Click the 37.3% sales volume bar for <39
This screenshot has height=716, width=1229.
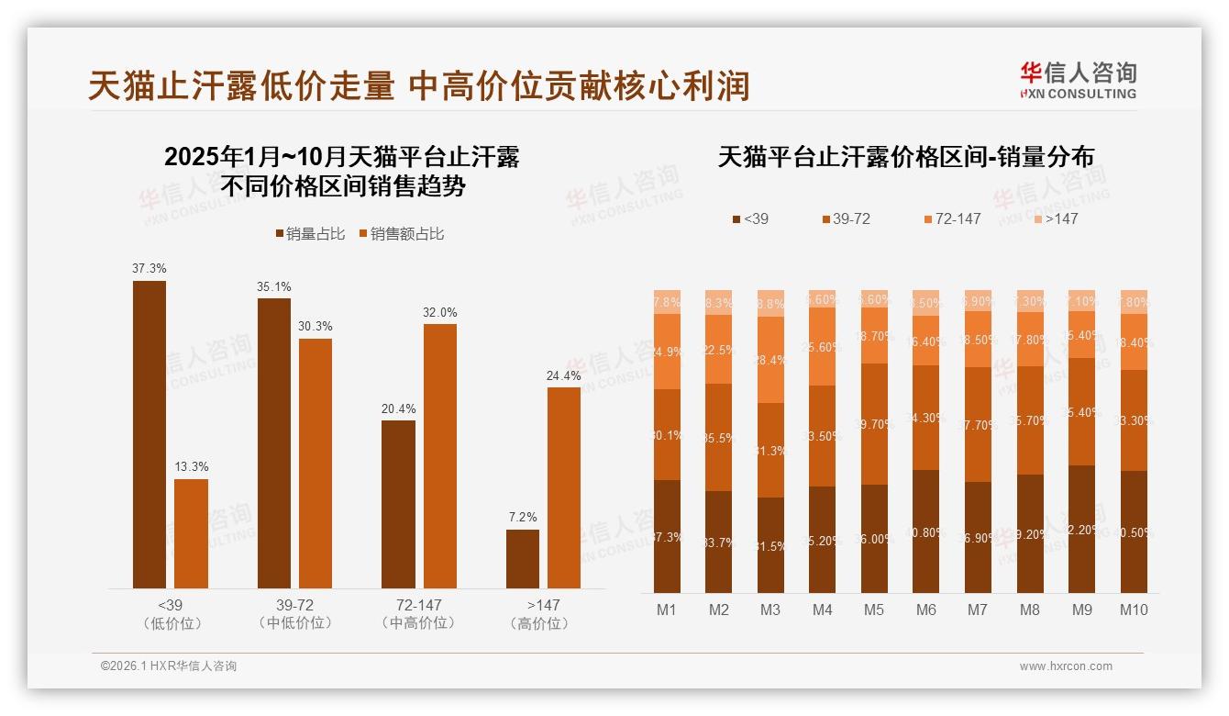[149, 433]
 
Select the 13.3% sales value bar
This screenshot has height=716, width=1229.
[191, 533]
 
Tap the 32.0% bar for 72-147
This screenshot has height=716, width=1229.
[439, 455]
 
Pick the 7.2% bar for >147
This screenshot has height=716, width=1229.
[523, 558]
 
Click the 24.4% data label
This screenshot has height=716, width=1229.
[564, 375]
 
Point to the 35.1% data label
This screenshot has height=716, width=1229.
[273, 286]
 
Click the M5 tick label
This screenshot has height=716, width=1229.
[874, 610]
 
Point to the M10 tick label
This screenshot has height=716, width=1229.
[1134, 610]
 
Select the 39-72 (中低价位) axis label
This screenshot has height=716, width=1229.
[294, 614]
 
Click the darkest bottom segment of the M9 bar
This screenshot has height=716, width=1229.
[1081, 529]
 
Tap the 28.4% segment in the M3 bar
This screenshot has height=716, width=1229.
[770, 360]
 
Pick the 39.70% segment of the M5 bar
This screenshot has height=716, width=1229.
[874, 423]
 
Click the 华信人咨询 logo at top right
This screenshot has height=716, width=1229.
[1078, 80]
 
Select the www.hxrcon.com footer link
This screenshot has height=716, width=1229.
[1066, 666]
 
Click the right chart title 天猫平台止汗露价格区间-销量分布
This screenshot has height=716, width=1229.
[905, 157]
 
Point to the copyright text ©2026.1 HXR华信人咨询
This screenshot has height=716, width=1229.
[169, 666]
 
